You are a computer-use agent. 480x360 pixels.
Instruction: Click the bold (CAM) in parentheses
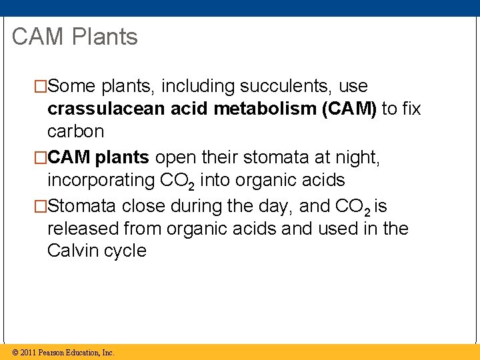pos(349,109)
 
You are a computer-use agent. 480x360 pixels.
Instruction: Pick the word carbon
pos(76,131)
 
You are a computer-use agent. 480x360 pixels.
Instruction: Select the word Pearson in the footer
pos(52,353)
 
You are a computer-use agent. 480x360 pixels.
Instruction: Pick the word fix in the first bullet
pos(411,109)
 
